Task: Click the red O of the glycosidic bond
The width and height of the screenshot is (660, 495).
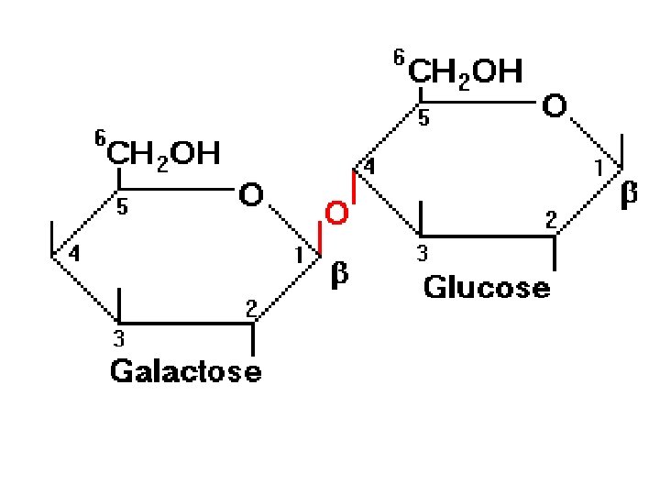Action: (x=336, y=214)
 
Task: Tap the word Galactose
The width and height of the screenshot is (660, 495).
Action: (x=185, y=371)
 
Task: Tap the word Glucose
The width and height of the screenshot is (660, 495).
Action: (x=487, y=288)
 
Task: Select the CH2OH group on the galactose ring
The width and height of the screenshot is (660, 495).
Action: (x=164, y=153)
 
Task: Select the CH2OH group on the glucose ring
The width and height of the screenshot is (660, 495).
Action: (x=465, y=71)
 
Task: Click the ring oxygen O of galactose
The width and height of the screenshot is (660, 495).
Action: (x=250, y=195)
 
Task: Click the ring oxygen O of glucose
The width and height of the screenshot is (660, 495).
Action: (x=555, y=107)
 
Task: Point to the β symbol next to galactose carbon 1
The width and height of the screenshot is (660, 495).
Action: (x=339, y=274)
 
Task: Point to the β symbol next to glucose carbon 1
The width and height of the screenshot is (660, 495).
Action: (x=629, y=194)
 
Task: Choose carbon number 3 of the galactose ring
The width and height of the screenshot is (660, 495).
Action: (x=118, y=337)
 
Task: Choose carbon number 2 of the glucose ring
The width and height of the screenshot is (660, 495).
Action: (x=551, y=219)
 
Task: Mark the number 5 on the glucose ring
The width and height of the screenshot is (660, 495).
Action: (x=423, y=118)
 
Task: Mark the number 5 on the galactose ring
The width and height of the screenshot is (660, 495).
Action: (x=122, y=208)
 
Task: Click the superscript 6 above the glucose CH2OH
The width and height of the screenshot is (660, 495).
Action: (x=398, y=59)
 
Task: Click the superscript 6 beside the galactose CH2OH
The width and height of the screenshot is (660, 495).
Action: (x=99, y=138)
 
